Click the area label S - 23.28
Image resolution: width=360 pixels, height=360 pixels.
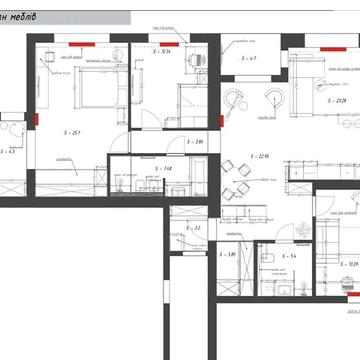[x=338, y=99]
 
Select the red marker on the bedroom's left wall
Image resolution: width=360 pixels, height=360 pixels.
[x=37, y=120]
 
